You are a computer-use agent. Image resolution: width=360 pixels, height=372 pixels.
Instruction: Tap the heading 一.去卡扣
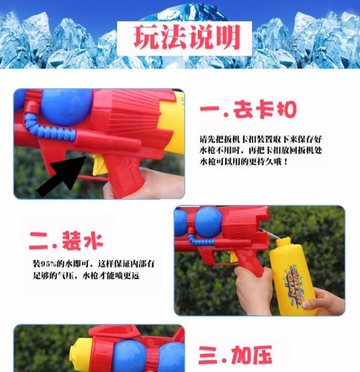pos(248,109)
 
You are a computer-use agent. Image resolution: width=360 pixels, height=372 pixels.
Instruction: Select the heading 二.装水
pos(66,241)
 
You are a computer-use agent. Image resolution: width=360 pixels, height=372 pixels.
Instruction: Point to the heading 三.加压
pos(235,355)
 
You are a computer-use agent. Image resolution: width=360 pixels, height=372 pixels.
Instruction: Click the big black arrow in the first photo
pos(61,175)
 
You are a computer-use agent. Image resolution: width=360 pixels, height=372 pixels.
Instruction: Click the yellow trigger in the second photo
pos(234,257)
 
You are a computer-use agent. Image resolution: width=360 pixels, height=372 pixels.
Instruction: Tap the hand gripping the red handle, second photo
pos(254,290)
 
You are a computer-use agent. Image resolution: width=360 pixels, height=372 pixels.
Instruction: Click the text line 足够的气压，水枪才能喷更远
pos(86,276)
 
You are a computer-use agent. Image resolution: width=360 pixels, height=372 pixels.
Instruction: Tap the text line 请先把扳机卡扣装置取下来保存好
pos(261,139)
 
